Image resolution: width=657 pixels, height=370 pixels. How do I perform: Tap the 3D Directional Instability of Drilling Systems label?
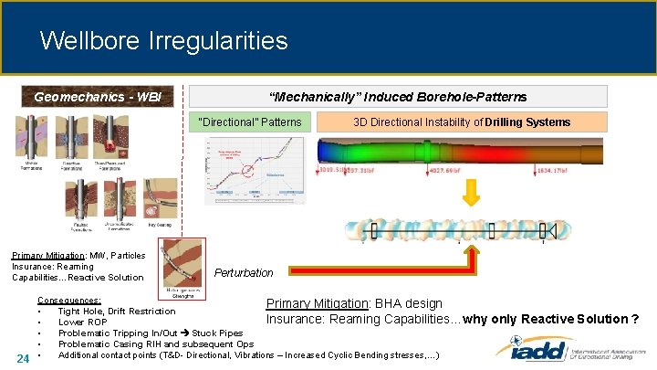point(461,122)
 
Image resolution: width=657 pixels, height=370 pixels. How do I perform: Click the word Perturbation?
point(244,272)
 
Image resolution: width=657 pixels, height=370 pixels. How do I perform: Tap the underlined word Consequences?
point(69,301)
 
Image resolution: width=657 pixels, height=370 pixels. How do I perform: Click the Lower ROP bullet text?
point(83,322)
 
